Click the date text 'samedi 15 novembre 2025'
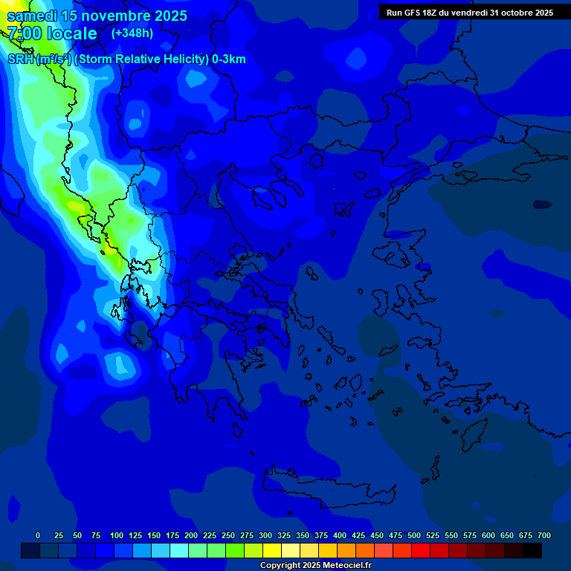(97, 16)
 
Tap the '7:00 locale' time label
(52, 33)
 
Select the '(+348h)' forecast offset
(132, 33)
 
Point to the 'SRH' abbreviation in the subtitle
(19, 59)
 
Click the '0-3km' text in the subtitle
(229, 59)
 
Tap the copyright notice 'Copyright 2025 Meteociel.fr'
(315, 566)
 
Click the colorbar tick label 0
(38, 535)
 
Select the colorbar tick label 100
(117, 535)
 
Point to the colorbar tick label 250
(228, 535)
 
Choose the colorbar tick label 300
(265, 535)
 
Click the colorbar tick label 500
(414, 535)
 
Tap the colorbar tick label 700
(543, 535)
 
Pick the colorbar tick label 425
(358, 535)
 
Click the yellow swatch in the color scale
(272, 551)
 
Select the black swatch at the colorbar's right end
(532, 551)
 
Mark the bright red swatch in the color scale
(421, 551)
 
